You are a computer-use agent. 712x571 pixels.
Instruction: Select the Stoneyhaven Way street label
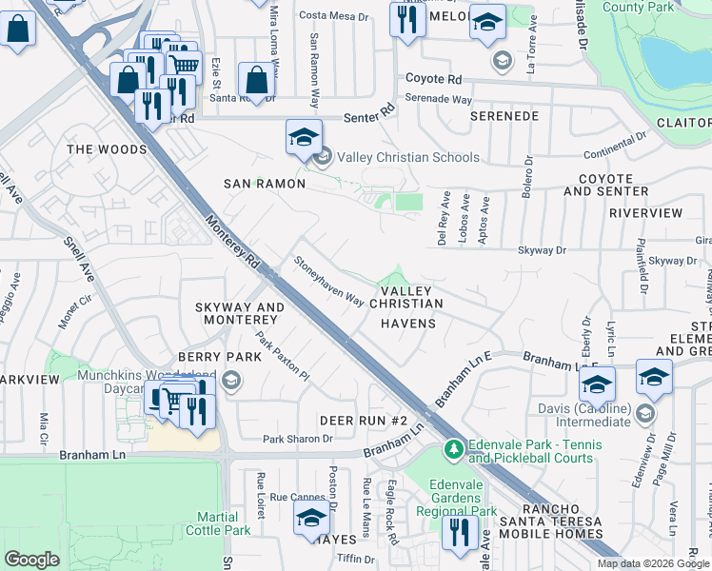tap(328, 281)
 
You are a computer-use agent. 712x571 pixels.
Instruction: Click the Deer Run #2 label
tap(364, 421)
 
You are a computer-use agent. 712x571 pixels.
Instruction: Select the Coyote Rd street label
tap(433, 79)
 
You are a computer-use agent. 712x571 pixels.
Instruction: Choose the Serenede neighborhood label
tap(504, 116)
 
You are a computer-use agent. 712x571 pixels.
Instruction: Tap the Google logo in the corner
tap(31, 560)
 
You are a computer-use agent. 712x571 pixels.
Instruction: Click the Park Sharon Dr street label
tap(298, 439)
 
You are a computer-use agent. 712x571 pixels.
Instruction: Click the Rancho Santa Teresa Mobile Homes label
tap(559, 530)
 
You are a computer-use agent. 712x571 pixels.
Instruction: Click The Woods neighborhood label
tap(107, 149)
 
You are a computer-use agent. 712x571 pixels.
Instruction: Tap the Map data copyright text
tap(653, 563)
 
